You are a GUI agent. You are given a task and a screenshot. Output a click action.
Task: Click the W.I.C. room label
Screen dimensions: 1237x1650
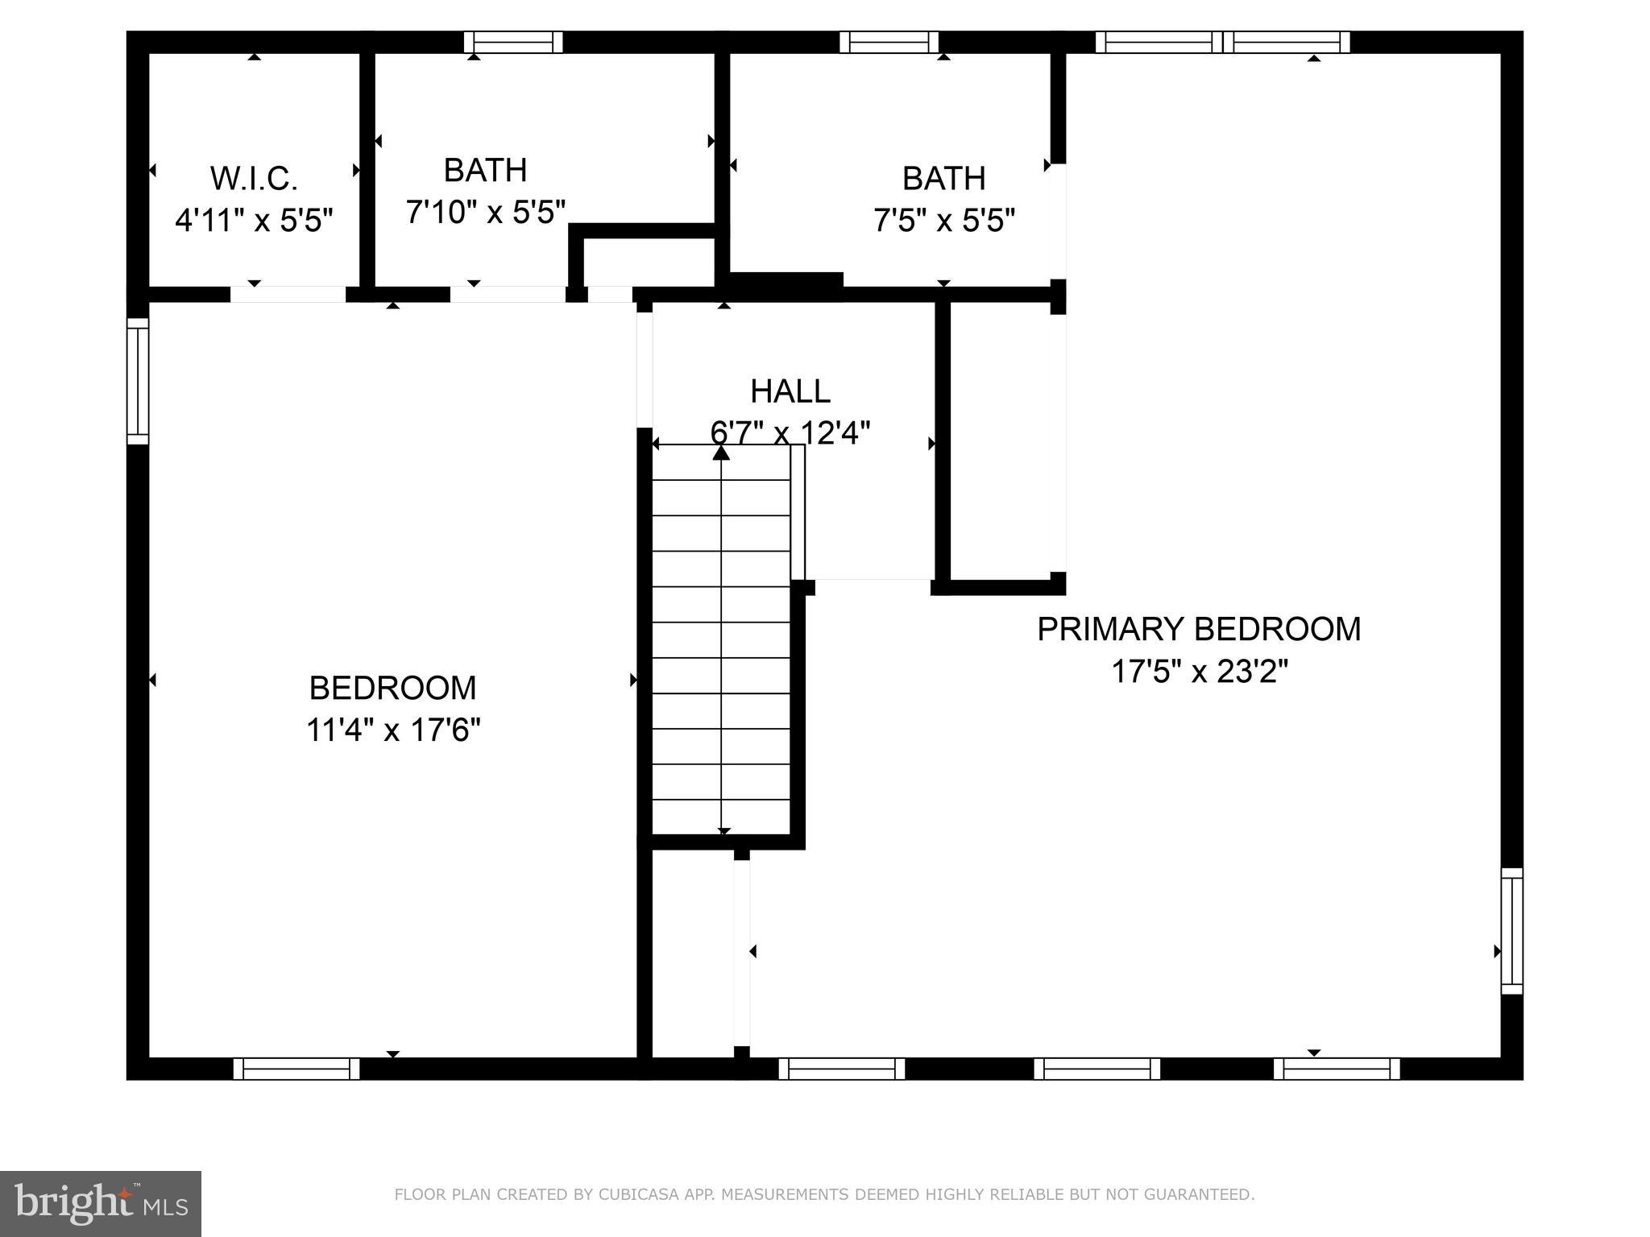click(x=254, y=178)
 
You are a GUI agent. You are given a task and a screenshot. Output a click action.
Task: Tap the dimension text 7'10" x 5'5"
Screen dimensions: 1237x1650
click(x=485, y=213)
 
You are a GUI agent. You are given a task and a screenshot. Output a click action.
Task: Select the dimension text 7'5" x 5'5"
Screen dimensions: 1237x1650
click(x=943, y=220)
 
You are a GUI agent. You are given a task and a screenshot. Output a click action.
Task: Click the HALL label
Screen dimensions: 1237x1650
click(x=790, y=391)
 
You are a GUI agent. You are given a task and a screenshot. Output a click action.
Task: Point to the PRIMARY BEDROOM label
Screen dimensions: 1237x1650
click(x=1198, y=629)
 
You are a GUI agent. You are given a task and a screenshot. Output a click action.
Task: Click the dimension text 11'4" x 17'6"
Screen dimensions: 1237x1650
click(x=393, y=730)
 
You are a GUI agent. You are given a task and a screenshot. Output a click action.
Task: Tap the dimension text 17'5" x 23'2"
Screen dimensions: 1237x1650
click(x=1200, y=671)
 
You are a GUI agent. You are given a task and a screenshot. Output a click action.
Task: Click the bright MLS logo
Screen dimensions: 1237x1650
click(x=100, y=1203)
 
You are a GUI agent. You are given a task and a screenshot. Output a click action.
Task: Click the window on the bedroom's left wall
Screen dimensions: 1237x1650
click(x=138, y=381)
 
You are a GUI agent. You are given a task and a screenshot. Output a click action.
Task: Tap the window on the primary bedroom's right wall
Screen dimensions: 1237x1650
click(x=1511, y=931)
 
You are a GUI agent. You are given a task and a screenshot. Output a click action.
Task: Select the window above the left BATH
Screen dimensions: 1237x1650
click(x=513, y=42)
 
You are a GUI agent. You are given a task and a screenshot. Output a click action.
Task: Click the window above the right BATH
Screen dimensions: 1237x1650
click(x=889, y=42)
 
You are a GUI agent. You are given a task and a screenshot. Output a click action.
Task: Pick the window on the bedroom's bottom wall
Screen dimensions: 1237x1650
click(x=296, y=1069)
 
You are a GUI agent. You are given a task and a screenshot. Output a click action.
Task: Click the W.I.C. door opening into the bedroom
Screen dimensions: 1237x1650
click(x=288, y=294)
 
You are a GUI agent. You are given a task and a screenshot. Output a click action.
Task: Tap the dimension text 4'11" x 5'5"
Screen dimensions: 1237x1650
click(x=254, y=220)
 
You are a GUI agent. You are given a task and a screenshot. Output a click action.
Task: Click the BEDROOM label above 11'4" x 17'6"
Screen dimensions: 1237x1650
click(x=393, y=688)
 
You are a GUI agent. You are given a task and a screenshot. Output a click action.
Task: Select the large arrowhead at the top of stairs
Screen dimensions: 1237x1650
click(x=721, y=453)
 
